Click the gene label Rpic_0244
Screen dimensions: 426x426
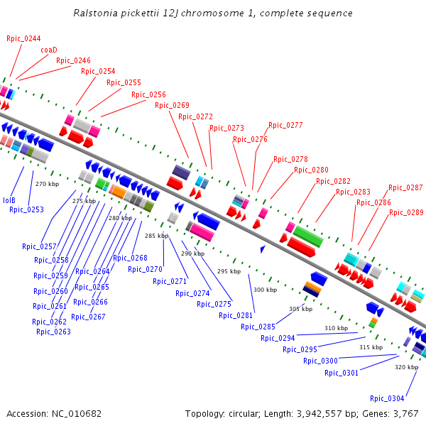click(23, 38)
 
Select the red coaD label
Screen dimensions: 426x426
click(49, 50)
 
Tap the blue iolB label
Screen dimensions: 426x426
click(9, 200)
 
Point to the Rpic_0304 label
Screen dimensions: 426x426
click(387, 398)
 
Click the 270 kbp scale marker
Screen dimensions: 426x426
click(46, 185)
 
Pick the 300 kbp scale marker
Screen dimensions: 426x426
click(265, 290)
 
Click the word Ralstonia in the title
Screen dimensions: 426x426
click(97, 13)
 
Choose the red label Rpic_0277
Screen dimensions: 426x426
click(285, 126)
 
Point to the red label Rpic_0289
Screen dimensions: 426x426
click(406, 212)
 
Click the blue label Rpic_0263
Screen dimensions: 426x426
click(53, 332)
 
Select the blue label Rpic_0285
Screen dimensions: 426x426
click(258, 327)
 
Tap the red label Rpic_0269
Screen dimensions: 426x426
click(172, 105)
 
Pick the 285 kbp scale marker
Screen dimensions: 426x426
click(156, 236)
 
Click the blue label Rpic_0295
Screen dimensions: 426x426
click(300, 349)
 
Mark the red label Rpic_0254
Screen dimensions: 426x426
click(98, 71)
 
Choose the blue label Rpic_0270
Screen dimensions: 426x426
click(146, 269)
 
